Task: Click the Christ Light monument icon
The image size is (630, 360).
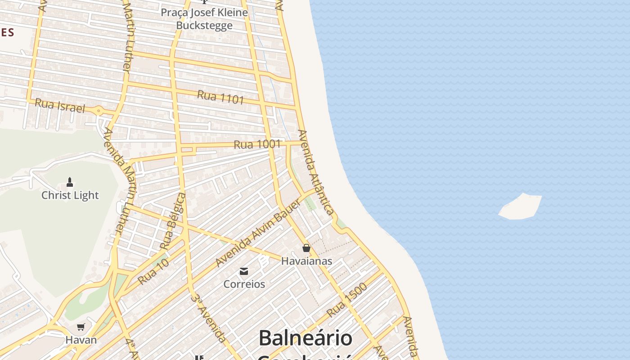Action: pos(70,182)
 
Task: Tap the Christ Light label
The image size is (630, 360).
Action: pos(70,195)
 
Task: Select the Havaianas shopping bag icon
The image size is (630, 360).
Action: pos(306,248)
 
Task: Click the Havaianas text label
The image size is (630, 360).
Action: pos(306,261)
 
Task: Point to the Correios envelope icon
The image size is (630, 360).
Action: pos(244,271)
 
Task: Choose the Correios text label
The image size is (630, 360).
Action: pos(244,284)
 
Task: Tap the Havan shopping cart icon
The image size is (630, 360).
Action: pos(81,327)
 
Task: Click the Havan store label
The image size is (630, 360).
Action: pos(81,340)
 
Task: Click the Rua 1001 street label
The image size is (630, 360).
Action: pos(257,144)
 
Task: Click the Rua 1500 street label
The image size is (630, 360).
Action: pos(347,299)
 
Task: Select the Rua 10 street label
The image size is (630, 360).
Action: pos(153,271)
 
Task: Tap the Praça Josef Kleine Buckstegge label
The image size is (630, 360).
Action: pos(204,19)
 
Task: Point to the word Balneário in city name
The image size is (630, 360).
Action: pos(305,338)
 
